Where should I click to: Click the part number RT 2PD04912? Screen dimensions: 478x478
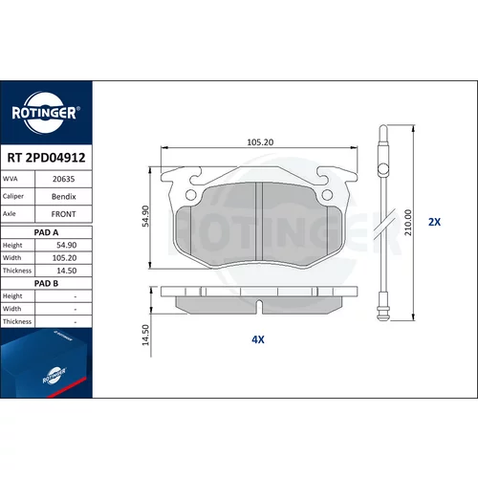tap(46, 158)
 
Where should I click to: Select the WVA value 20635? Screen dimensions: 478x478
tap(63, 179)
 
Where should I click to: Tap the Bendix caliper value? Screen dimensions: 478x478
tap(64, 197)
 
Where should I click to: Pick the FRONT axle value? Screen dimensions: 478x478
tap(64, 214)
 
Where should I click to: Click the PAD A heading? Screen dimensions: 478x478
tap(46, 232)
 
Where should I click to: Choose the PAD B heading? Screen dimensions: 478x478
tap(46, 284)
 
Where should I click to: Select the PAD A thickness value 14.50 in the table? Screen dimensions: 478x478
tap(67, 271)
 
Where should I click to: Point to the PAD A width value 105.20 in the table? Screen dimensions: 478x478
tap(64, 258)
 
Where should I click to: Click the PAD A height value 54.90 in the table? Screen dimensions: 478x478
tap(67, 246)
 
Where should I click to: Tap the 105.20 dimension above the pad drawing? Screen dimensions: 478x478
tap(260, 142)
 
